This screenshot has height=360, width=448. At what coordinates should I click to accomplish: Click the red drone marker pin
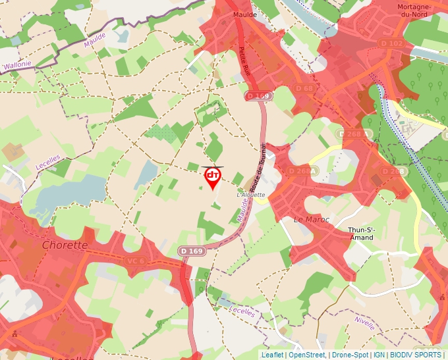pos(213,177)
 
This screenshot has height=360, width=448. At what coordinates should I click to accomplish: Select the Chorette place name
pos(65,245)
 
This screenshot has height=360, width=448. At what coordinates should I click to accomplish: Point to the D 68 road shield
pos(304,88)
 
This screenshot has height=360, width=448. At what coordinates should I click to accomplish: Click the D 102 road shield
pos(391,43)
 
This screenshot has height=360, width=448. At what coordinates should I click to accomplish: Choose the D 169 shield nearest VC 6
pos(191,251)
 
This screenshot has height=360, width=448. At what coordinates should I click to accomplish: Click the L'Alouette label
pos(250,195)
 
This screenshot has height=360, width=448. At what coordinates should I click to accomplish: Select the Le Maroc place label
pos(311,219)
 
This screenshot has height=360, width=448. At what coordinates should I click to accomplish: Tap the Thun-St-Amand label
pos(361,234)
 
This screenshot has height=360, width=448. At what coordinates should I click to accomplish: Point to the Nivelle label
pos(364,322)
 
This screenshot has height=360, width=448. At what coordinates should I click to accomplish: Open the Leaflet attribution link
pos(272,355)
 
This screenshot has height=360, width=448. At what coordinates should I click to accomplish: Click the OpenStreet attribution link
pos(306,355)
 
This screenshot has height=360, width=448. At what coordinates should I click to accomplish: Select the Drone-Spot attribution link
pos(350,355)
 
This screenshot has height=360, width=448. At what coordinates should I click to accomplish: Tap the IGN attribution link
pos(379,355)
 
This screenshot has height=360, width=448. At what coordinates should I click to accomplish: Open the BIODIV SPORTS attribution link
pos(416,355)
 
